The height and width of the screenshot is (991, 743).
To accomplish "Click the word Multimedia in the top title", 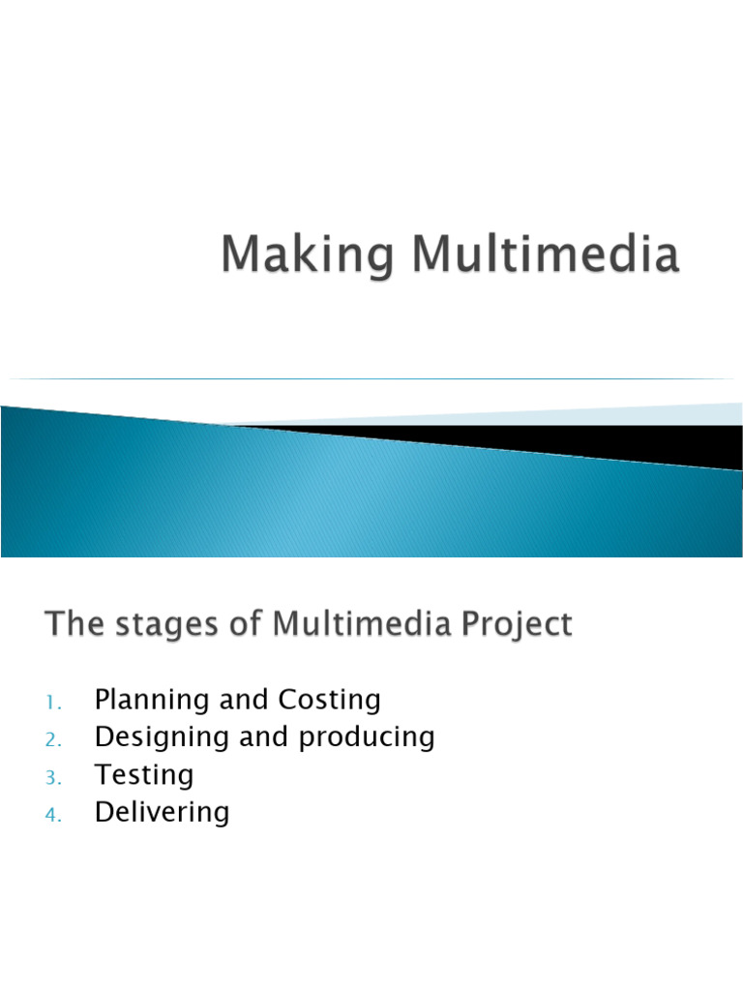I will click(x=546, y=255).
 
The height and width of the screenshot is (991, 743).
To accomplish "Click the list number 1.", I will click(x=52, y=702).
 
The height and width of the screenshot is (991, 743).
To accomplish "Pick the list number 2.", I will click(x=52, y=739).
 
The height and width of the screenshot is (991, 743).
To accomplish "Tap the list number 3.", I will click(x=52, y=777).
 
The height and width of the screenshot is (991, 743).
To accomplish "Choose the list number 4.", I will click(x=52, y=815).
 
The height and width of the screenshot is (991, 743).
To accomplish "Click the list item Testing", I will click(x=144, y=775).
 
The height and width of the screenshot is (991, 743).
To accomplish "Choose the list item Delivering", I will click(x=162, y=813).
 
